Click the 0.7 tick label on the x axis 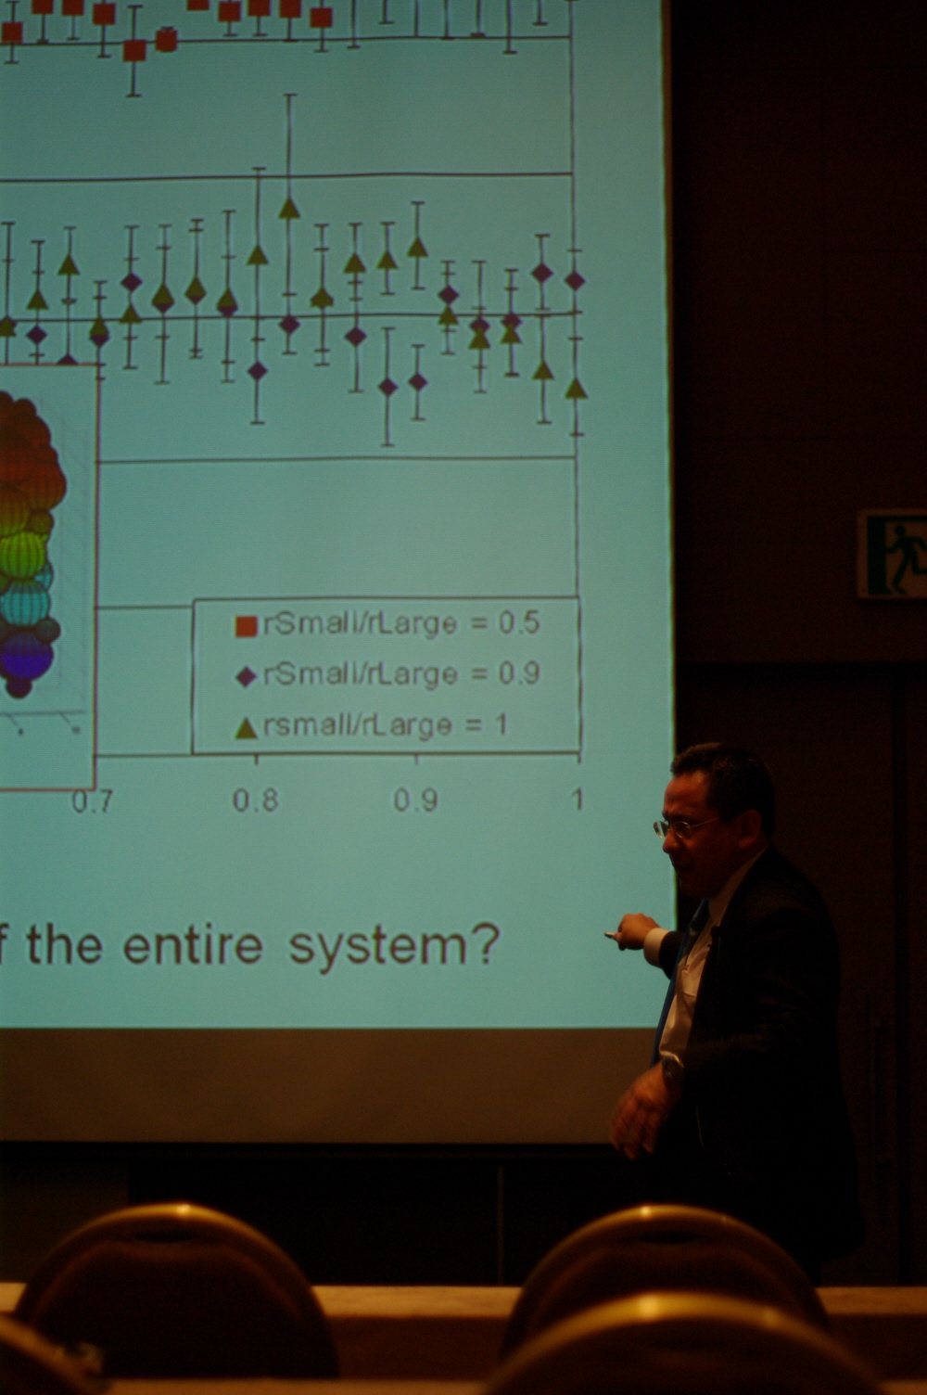pyautogui.click(x=92, y=801)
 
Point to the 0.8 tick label pyautogui.click(x=255, y=800)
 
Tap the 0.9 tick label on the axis pyautogui.click(x=415, y=800)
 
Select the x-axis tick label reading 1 pyautogui.click(x=578, y=799)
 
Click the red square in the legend pyautogui.click(x=247, y=626)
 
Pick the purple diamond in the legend pyautogui.click(x=248, y=676)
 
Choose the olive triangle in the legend pyautogui.click(x=247, y=727)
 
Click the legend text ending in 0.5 pyautogui.click(x=401, y=623)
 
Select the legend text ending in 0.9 pyautogui.click(x=401, y=673)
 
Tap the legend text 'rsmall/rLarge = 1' pyautogui.click(x=386, y=725)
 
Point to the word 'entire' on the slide pyautogui.click(x=193, y=945)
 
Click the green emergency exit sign pyautogui.click(x=892, y=555)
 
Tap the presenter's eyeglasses pyautogui.click(x=683, y=827)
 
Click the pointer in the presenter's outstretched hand pyautogui.click(x=614, y=934)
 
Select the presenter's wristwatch pyautogui.click(x=671, y=1069)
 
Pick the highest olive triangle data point pyautogui.click(x=289, y=208)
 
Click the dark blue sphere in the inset pyautogui.click(x=26, y=657)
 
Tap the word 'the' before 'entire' pyautogui.click(x=64, y=945)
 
